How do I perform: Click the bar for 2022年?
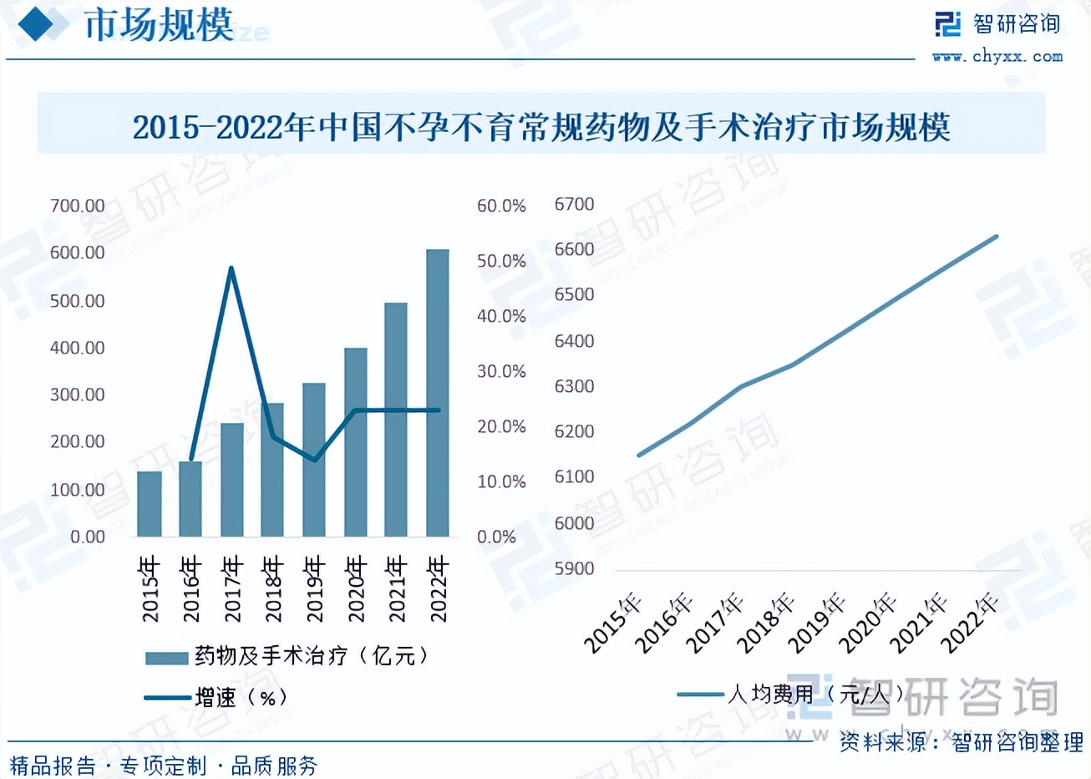pos(437,393)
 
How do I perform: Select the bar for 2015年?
pos(150,504)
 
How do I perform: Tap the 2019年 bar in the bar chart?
pos(314,460)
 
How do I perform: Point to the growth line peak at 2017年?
pos(231,268)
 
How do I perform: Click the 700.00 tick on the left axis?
pos(77,206)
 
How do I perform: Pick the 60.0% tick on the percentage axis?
pos(501,206)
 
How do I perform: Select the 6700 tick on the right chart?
pos(574,205)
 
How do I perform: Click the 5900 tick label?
pos(574,568)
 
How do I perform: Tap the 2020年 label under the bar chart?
pos(356,588)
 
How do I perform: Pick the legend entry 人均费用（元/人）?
pos(814,694)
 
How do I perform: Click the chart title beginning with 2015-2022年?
pos(541,127)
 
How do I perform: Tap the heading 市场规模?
pos(159,25)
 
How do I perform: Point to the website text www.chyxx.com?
pos(997,57)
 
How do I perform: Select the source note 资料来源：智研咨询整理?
pos(961,741)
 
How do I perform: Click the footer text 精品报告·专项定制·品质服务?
pos(164,765)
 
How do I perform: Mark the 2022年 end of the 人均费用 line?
pos(997,237)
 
